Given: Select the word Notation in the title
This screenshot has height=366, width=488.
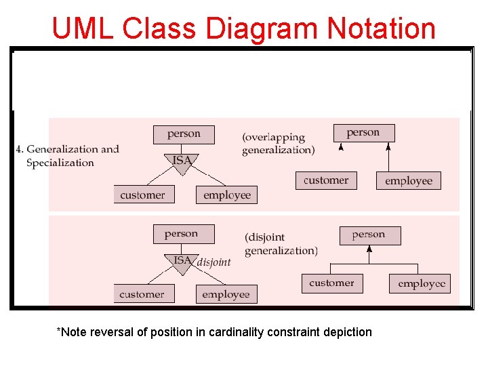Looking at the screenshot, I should [381, 28].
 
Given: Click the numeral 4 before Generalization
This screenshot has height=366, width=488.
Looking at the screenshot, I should [19, 149].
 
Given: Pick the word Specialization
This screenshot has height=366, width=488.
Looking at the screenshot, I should [60, 163].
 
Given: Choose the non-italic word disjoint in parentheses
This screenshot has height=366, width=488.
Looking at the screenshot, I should [266, 238].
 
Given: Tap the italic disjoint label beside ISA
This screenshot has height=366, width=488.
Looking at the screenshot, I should [213, 262].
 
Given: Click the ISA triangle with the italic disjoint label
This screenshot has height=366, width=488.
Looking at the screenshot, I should [182, 262].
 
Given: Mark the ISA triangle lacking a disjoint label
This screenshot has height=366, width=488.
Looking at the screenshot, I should [182, 162].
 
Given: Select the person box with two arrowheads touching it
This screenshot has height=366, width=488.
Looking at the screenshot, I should [364, 133].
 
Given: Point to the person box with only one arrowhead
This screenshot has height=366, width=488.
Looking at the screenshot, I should [369, 235].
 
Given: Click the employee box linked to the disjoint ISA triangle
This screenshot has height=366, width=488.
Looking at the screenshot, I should [226, 294].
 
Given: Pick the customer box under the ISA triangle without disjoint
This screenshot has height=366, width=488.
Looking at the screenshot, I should [143, 195].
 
